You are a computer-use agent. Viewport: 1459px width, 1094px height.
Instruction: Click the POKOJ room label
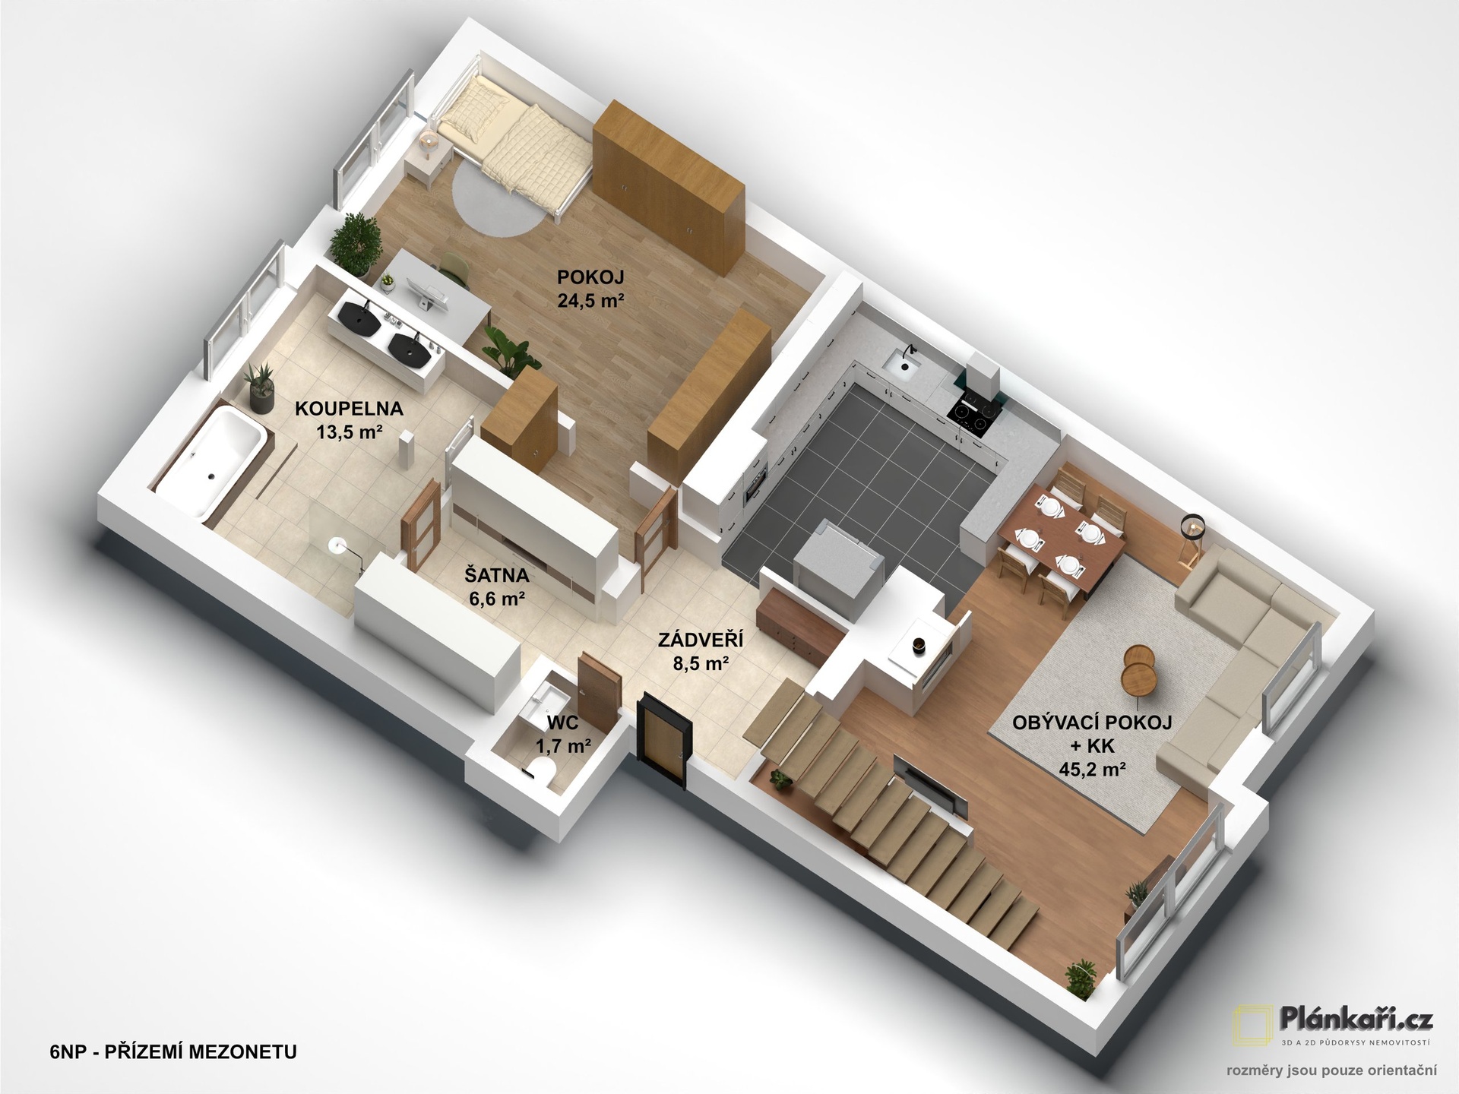tap(590, 277)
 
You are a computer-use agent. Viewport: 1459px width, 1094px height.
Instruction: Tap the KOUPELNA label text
tap(349, 409)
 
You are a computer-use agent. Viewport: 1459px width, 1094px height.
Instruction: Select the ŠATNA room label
tap(497, 575)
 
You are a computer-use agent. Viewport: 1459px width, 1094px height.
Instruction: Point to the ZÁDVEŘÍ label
tap(701, 640)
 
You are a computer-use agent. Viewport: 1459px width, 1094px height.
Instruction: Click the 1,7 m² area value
tap(564, 746)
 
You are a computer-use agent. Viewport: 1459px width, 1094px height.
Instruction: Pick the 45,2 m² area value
tap(1092, 770)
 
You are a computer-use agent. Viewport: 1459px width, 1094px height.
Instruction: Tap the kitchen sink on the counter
tap(904, 364)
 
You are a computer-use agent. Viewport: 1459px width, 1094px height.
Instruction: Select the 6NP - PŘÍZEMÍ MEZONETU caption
tap(173, 1052)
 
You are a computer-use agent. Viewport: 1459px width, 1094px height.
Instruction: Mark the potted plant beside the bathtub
tap(261, 388)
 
